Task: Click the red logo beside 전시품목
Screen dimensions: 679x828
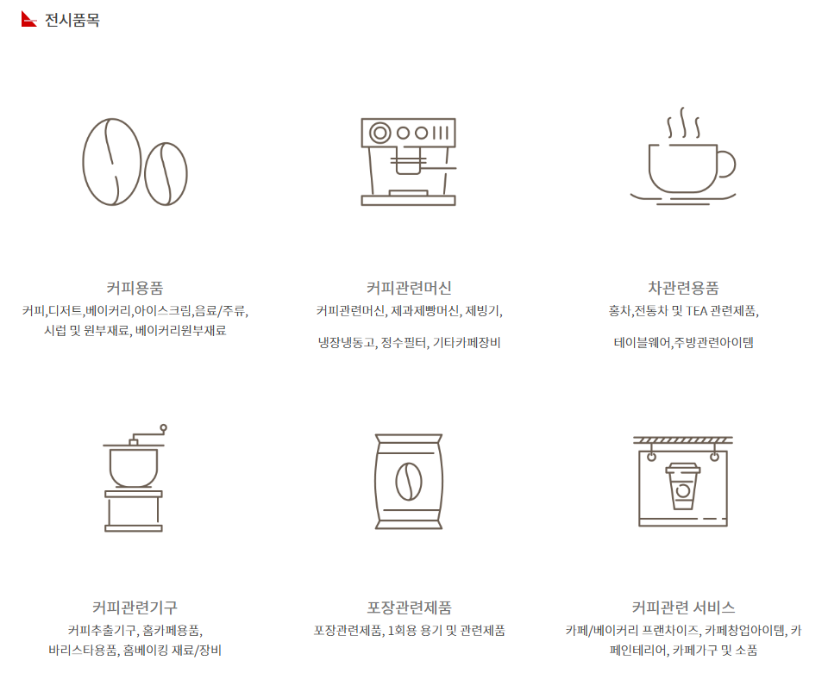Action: (28, 19)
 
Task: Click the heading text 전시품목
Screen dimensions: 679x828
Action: (72, 19)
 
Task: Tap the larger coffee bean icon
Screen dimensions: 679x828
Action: (111, 161)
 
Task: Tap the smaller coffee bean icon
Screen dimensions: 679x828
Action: (166, 174)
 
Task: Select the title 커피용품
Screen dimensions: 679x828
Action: (135, 288)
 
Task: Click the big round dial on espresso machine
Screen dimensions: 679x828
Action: (379, 133)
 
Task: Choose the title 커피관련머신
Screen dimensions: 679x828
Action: (408, 288)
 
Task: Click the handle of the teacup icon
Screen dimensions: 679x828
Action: (725, 164)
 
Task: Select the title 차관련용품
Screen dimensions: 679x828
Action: (683, 288)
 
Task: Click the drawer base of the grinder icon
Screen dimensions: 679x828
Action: (134, 514)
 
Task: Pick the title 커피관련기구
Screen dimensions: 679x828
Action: (135, 607)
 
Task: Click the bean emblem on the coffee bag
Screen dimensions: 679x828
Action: (408, 481)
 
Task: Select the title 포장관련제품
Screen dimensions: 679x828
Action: (408, 607)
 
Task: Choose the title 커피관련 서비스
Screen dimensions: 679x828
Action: (683, 607)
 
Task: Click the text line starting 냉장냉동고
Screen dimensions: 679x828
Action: (408, 342)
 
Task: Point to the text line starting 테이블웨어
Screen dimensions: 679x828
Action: (683, 342)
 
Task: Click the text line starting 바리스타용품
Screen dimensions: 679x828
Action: (135, 651)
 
